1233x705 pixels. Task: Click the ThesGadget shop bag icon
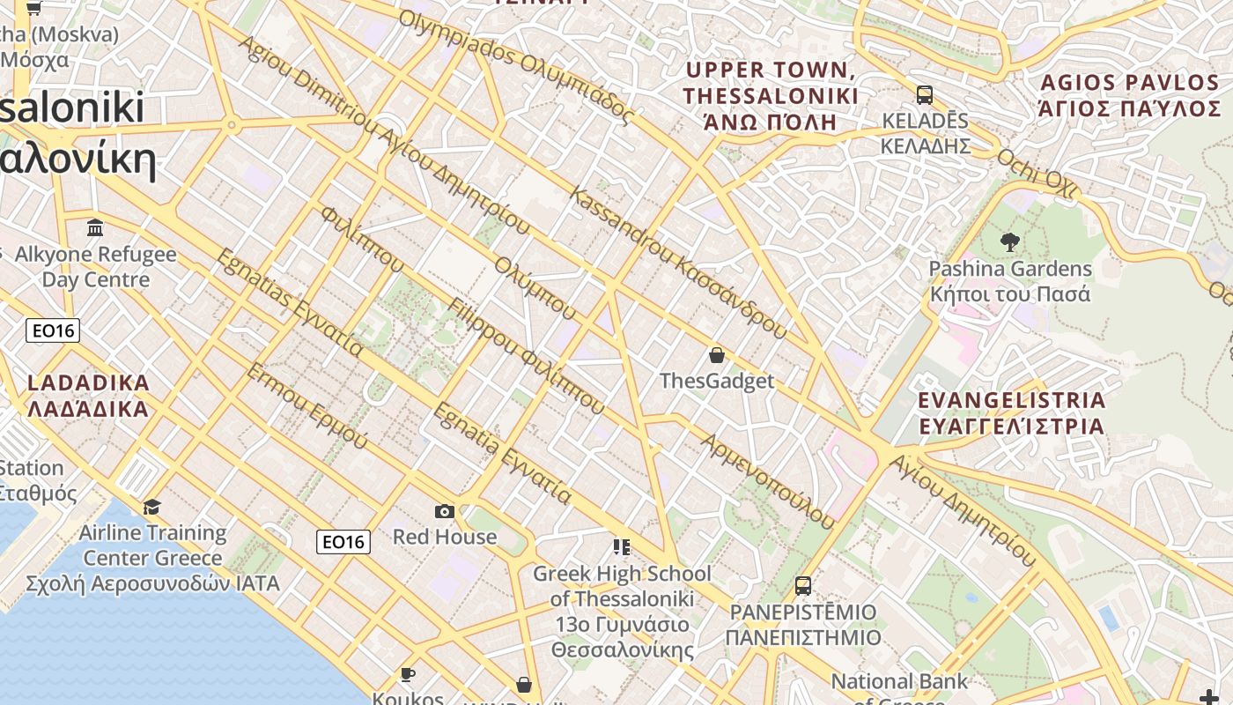click(x=717, y=355)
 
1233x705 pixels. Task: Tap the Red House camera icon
click(x=445, y=511)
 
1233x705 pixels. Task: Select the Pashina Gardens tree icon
click(x=1009, y=241)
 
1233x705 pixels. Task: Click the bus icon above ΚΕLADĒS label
click(x=925, y=94)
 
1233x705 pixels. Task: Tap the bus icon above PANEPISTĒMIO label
click(x=802, y=585)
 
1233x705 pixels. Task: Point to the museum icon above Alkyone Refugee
click(x=95, y=229)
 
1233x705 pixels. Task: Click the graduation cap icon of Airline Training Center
click(x=151, y=507)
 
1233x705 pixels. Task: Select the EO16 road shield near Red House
click(x=343, y=542)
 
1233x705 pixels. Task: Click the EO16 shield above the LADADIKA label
click(x=53, y=330)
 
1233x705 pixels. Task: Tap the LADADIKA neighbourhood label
click(x=88, y=397)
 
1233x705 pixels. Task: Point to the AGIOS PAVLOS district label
click(x=1131, y=96)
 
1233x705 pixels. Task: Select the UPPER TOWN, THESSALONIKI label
click(x=770, y=95)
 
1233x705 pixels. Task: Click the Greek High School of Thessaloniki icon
click(x=622, y=548)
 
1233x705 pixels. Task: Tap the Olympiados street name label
click(x=516, y=66)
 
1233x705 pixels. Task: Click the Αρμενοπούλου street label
click(x=767, y=480)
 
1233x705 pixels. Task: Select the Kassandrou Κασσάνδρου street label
click(x=678, y=263)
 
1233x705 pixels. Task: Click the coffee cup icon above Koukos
click(x=407, y=674)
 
